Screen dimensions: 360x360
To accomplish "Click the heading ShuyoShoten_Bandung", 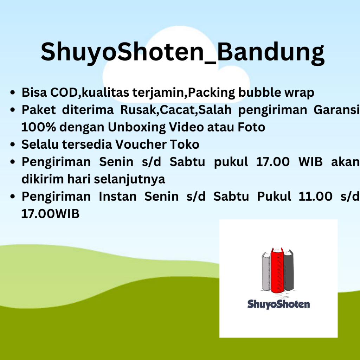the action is (182, 52).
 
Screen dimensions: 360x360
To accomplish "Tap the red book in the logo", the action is (277, 270).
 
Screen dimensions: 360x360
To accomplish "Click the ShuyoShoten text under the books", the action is (278, 304).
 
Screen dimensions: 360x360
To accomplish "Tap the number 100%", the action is (39, 127).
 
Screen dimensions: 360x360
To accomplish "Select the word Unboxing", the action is (137, 127).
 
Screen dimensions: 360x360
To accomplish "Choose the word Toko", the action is (185, 144).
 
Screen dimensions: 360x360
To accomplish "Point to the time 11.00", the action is (315, 196).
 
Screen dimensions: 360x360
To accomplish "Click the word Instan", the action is (117, 196).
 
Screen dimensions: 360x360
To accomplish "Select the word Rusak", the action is (139, 110).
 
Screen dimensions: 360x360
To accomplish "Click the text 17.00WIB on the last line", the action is (50, 214).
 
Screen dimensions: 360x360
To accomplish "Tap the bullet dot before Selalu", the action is (13, 144).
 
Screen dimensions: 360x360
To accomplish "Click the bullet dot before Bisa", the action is (13, 92).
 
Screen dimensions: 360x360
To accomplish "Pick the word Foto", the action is (251, 127).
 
